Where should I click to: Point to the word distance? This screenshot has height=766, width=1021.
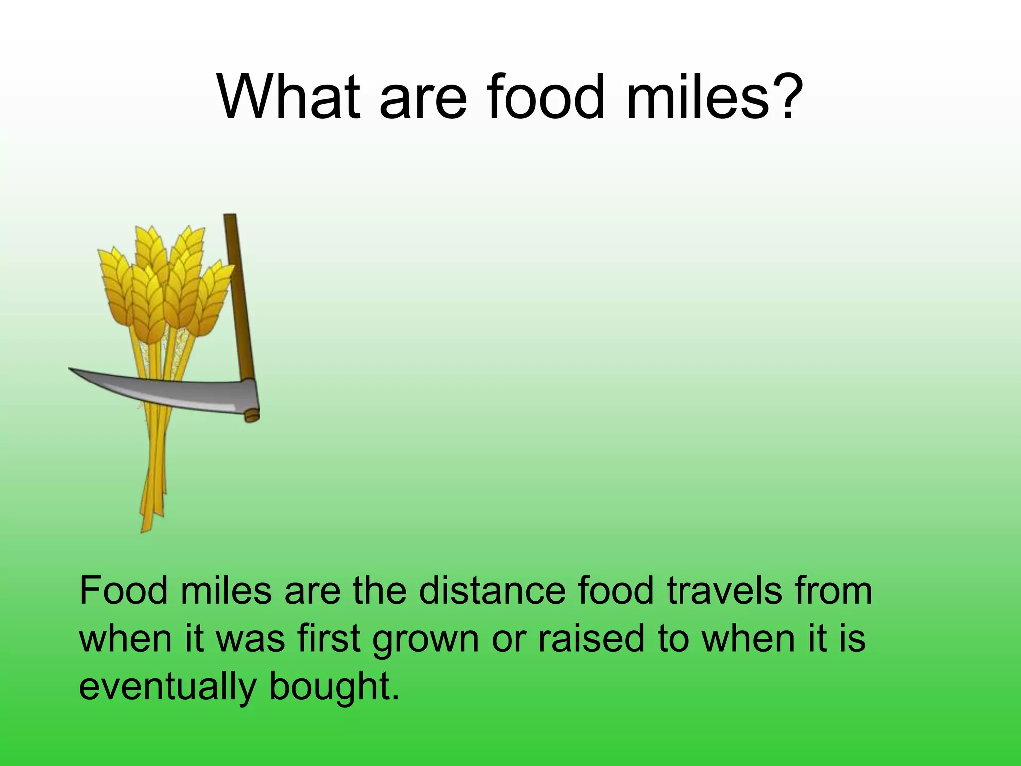click(493, 591)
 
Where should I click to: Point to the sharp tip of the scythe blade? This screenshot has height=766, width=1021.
click(71, 369)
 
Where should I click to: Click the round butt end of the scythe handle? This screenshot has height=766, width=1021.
click(252, 416)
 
